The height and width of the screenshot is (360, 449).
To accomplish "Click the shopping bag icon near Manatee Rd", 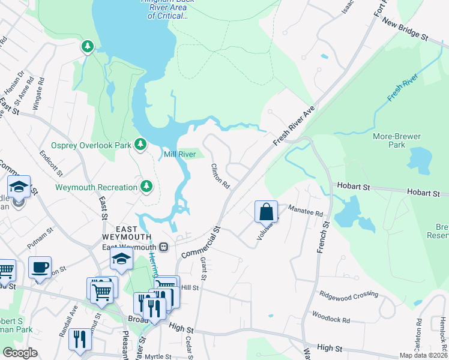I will (x=266, y=212).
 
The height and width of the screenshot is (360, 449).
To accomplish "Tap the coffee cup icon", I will (x=40, y=268).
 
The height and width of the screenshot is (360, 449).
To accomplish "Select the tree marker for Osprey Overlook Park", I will (x=140, y=144).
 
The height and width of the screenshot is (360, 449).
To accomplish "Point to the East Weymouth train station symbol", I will (x=164, y=247).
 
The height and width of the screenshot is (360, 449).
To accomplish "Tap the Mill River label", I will (x=180, y=155).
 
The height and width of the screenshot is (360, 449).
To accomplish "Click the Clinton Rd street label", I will (x=220, y=176).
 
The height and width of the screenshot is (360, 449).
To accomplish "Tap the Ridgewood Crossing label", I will (x=349, y=295).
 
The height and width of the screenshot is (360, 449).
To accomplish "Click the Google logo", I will (x=20, y=352).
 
